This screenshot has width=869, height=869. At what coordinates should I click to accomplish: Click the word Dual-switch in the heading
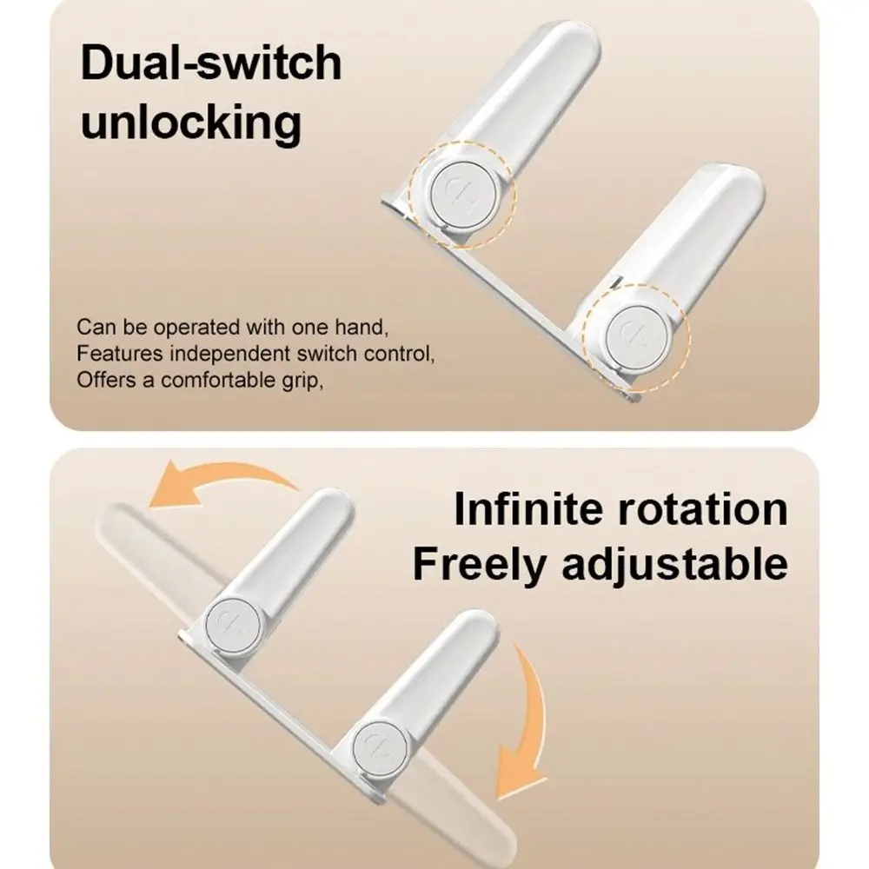(x=211, y=65)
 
